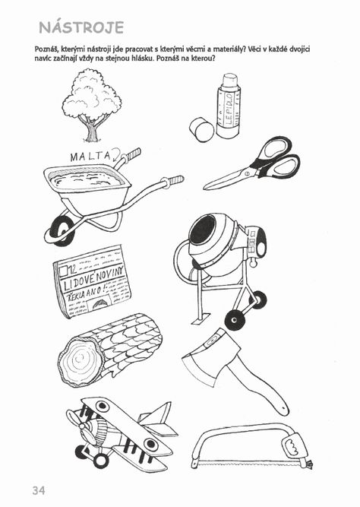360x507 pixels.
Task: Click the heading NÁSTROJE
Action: [81, 27]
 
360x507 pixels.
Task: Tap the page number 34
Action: [39, 490]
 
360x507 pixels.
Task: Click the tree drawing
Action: [92, 106]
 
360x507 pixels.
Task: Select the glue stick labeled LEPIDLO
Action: [229, 106]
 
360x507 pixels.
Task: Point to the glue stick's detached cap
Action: [201, 129]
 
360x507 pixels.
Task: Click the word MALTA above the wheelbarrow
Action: [90, 157]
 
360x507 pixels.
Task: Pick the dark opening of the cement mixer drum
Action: [203, 230]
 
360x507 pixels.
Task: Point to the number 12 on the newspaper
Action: [73, 268]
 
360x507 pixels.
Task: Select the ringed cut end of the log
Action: [81, 360]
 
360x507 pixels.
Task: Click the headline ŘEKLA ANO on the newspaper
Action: [87, 292]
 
